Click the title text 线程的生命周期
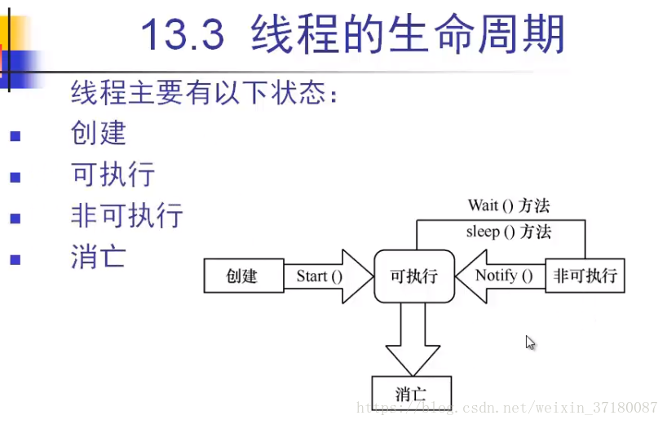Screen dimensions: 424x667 pyautogui.click(x=408, y=35)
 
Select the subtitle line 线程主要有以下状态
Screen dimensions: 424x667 pyautogui.click(x=204, y=93)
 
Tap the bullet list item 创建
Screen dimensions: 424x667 pyautogui.click(x=99, y=133)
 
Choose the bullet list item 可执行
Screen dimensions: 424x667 pyautogui.click(x=113, y=174)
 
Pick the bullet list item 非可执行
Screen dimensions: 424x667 pyautogui.click(x=127, y=216)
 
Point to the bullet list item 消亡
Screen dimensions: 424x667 pyautogui.click(x=99, y=258)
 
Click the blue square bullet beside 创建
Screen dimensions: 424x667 pyautogui.click(x=14, y=136)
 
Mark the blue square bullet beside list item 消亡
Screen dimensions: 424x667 pyautogui.click(x=14, y=261)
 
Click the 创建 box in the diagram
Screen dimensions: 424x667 pyautogui.click(x=242, y=276)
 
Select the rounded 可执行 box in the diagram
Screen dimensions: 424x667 pyautogui.click(x=413, y=276)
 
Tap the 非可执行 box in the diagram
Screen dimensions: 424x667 pyautogui.click(x=584, y=276)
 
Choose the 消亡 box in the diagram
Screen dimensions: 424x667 pyautogui.click(x=411, y=394)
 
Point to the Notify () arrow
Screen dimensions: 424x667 pyautogui.click(x=499, y=276)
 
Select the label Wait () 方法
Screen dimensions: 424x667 pyautogui.click(x=508, y=205)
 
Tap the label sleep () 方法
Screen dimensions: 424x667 pyautogui.click(x=508, y=232)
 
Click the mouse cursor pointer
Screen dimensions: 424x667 pyautogui.click(x=530, y=342)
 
